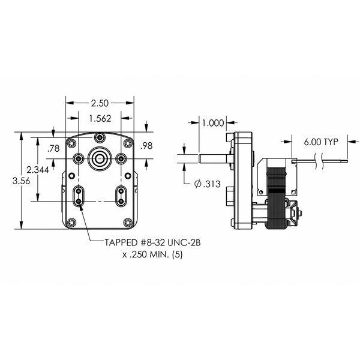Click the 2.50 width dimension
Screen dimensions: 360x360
(x=100, y=103)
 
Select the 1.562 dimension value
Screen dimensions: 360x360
(x=100, y=118)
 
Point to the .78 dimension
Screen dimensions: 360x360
(x=53, y=149)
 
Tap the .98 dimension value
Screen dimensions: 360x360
(x=146, y=146)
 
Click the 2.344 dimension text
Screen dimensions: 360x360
(x=38, y=170)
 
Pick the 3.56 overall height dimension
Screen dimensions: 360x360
(x=21, y=181)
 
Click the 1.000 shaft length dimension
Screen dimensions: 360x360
(x=213, y=123)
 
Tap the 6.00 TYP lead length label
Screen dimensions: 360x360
(x=321, y=142)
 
